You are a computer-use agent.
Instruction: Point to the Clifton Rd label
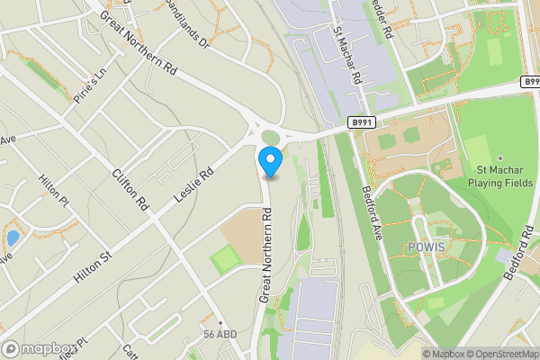[x=130, y=184]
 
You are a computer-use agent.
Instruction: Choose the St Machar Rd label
[x=347, y=56]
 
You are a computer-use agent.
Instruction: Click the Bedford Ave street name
[x=373, y=212]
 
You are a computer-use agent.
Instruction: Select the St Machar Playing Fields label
[x=505, y=176]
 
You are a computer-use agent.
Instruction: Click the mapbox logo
[x=37, y=348]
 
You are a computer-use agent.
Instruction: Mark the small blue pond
[x=12, y=238]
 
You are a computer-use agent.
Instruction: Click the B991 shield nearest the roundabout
[x=361, y=121]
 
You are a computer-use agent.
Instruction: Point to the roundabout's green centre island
[x=270, y=136]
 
